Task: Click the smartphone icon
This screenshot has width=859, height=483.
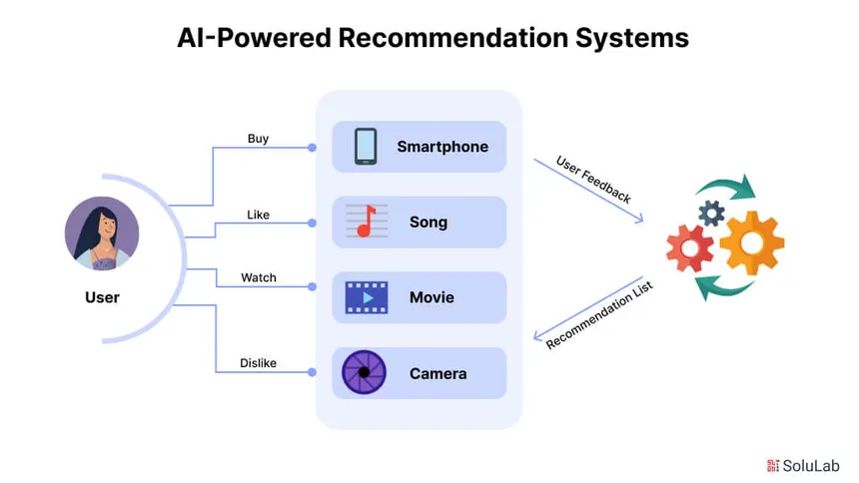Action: (366, 147)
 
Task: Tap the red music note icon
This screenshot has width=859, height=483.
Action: (367, 222)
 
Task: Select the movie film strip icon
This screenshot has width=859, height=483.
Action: (366, 297)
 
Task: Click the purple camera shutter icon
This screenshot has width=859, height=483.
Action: (364, 373)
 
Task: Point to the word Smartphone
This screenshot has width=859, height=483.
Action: (442, 147)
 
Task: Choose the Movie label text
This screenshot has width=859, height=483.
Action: (431, 297)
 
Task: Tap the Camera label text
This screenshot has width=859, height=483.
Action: (437, 373)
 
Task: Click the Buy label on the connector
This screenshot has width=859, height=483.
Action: (258, 139)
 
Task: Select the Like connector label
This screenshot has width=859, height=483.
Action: (258, 215)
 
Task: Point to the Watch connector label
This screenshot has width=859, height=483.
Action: (259, 277)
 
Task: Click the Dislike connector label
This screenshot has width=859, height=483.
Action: (258, 363)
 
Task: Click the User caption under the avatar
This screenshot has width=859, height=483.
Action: (102, 297)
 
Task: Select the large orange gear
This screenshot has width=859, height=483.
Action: (751, 241)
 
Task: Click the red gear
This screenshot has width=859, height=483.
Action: (690, 248)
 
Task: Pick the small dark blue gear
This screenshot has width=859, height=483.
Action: (711, 212)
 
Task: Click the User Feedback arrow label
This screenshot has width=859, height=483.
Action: (593, 181)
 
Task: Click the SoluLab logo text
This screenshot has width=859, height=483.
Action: (812, 465)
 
